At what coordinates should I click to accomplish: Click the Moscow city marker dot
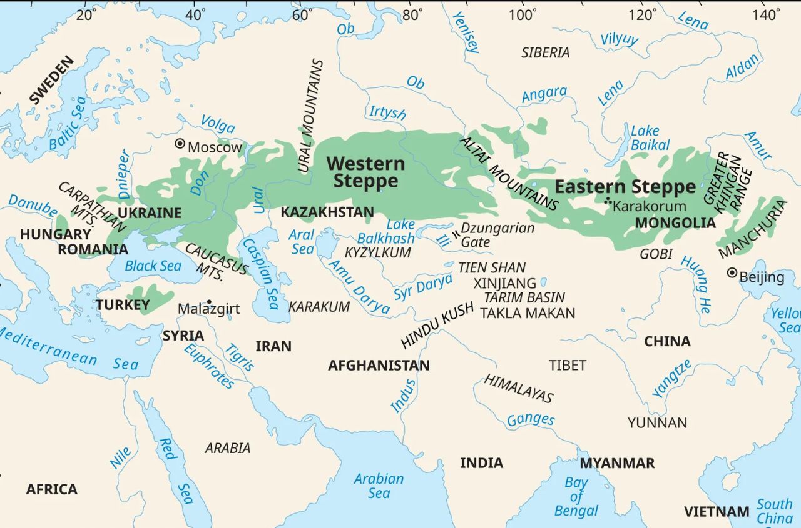pyautogui.click(x=180, y=144)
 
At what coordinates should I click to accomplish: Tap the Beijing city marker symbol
pyautogui.click(x=732, y=273)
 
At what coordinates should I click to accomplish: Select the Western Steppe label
pyautogui.click(x=365, y=172)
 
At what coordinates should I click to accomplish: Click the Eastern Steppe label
pyautogui.click(x=625, y=187)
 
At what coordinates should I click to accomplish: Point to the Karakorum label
pyautogui.click(x=650, y=206)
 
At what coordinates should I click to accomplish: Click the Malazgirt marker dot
pyautogui.click(x=208, y=301)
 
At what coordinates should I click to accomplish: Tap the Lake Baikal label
pyautogui.click(x=645, y=138)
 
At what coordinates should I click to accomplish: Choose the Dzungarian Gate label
pyautogui.click(x=497, y=235)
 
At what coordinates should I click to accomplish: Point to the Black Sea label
pyautogui.click(x=153, y=266)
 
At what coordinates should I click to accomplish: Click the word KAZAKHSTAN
pyautogui.click(x=327, y=212)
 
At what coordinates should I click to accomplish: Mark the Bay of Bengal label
pyautogui.click(x=576, y=497)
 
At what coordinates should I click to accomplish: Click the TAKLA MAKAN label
pyautogui.click(x=527, y=313)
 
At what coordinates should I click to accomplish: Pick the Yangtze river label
pyautogui.click(x=671, y=378)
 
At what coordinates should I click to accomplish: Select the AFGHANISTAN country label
pyautogui.click(x=379, y=366)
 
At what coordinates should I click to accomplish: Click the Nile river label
pyautogui.click(x=121, y=458)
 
